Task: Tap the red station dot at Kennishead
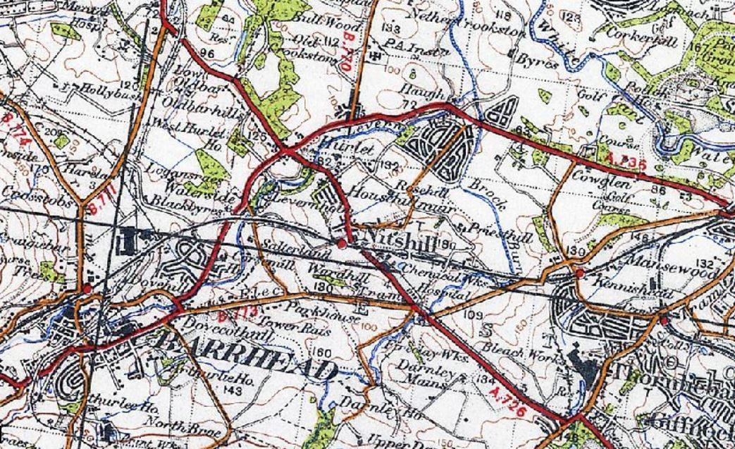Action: click(x=579, y=272)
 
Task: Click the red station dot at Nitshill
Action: click(x=342, y=243)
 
